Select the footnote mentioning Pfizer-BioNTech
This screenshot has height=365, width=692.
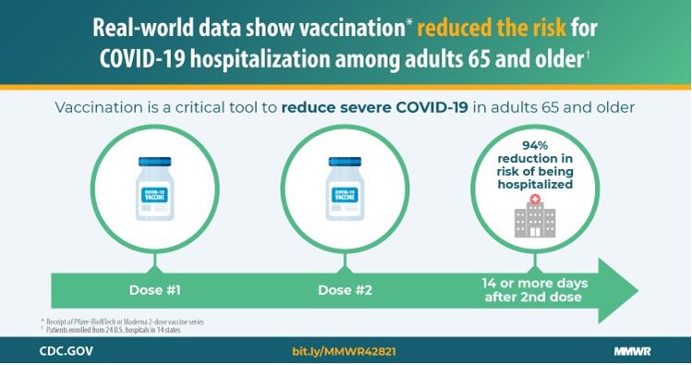[x=126, y=320]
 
